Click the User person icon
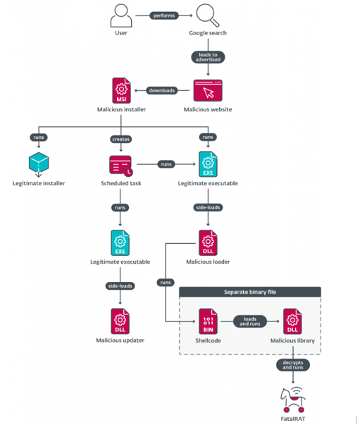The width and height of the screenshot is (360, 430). pyautogui.click(x=121, y=16)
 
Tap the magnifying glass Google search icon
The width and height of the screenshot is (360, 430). pyautogui.click(x=208, y=16)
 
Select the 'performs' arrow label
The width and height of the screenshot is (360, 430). pyautogui.click(x=164, y=16)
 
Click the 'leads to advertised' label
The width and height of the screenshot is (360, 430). pyautogui.click(x=208, y=57)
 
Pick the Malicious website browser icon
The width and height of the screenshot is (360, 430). pyautogui.click(x=208, y=90)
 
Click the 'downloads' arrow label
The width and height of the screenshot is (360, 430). pyautogui.click(x=161, y=90)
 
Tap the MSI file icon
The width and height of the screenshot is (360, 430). pyautogui.click(x=121, y=90)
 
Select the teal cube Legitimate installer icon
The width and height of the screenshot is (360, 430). pyautogui.click(x=39, y=164)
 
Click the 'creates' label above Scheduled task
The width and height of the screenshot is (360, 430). pyautogui.click(x=121, y=140)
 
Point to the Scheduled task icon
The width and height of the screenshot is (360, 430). pyautogui.click(x=121, y=166)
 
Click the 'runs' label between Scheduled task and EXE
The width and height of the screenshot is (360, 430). pyautogui.click(x=166, y=164)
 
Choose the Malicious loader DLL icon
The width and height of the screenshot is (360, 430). pyautogui.click(x=208, y=243)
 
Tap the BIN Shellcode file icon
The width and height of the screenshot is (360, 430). pyautogui.click(x=208, y=321)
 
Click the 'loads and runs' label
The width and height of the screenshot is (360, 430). pyautogui.click(x=250, y=321)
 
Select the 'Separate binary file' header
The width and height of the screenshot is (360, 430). pyautogui.click(x=250, y=292)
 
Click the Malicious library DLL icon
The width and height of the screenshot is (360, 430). pyautogui.click(x=292, y=321)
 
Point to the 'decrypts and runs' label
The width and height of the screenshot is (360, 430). pyautogui.click(x=293, y=365)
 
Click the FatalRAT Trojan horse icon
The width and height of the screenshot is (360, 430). pyautogui.click(x=293, y=400)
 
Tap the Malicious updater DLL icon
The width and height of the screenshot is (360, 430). pyautogui.click(x=120, y=321)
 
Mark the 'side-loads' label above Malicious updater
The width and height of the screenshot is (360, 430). pyautogui.click(x=120, y=286)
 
